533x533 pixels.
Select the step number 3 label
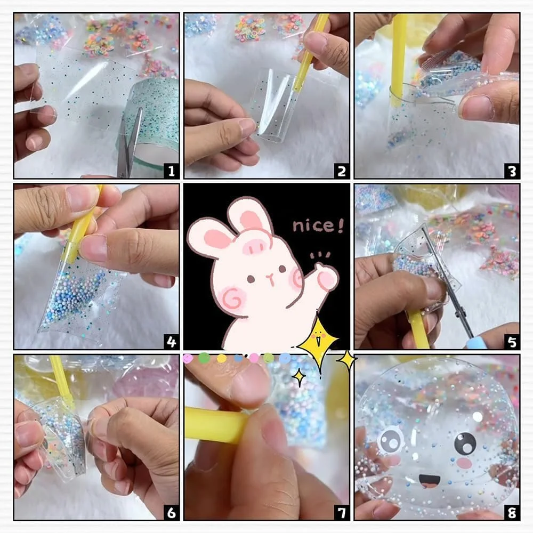click(x=512, y=171)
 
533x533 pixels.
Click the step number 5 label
click(x=512, y=342)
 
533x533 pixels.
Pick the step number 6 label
click(x=171, y=512)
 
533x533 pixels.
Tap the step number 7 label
click(x=342, y=512)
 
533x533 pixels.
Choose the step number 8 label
click(x=512, y=512)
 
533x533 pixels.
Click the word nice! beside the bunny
click(x=318, y=225)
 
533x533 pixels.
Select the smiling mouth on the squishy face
click(x=429, y=480)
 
